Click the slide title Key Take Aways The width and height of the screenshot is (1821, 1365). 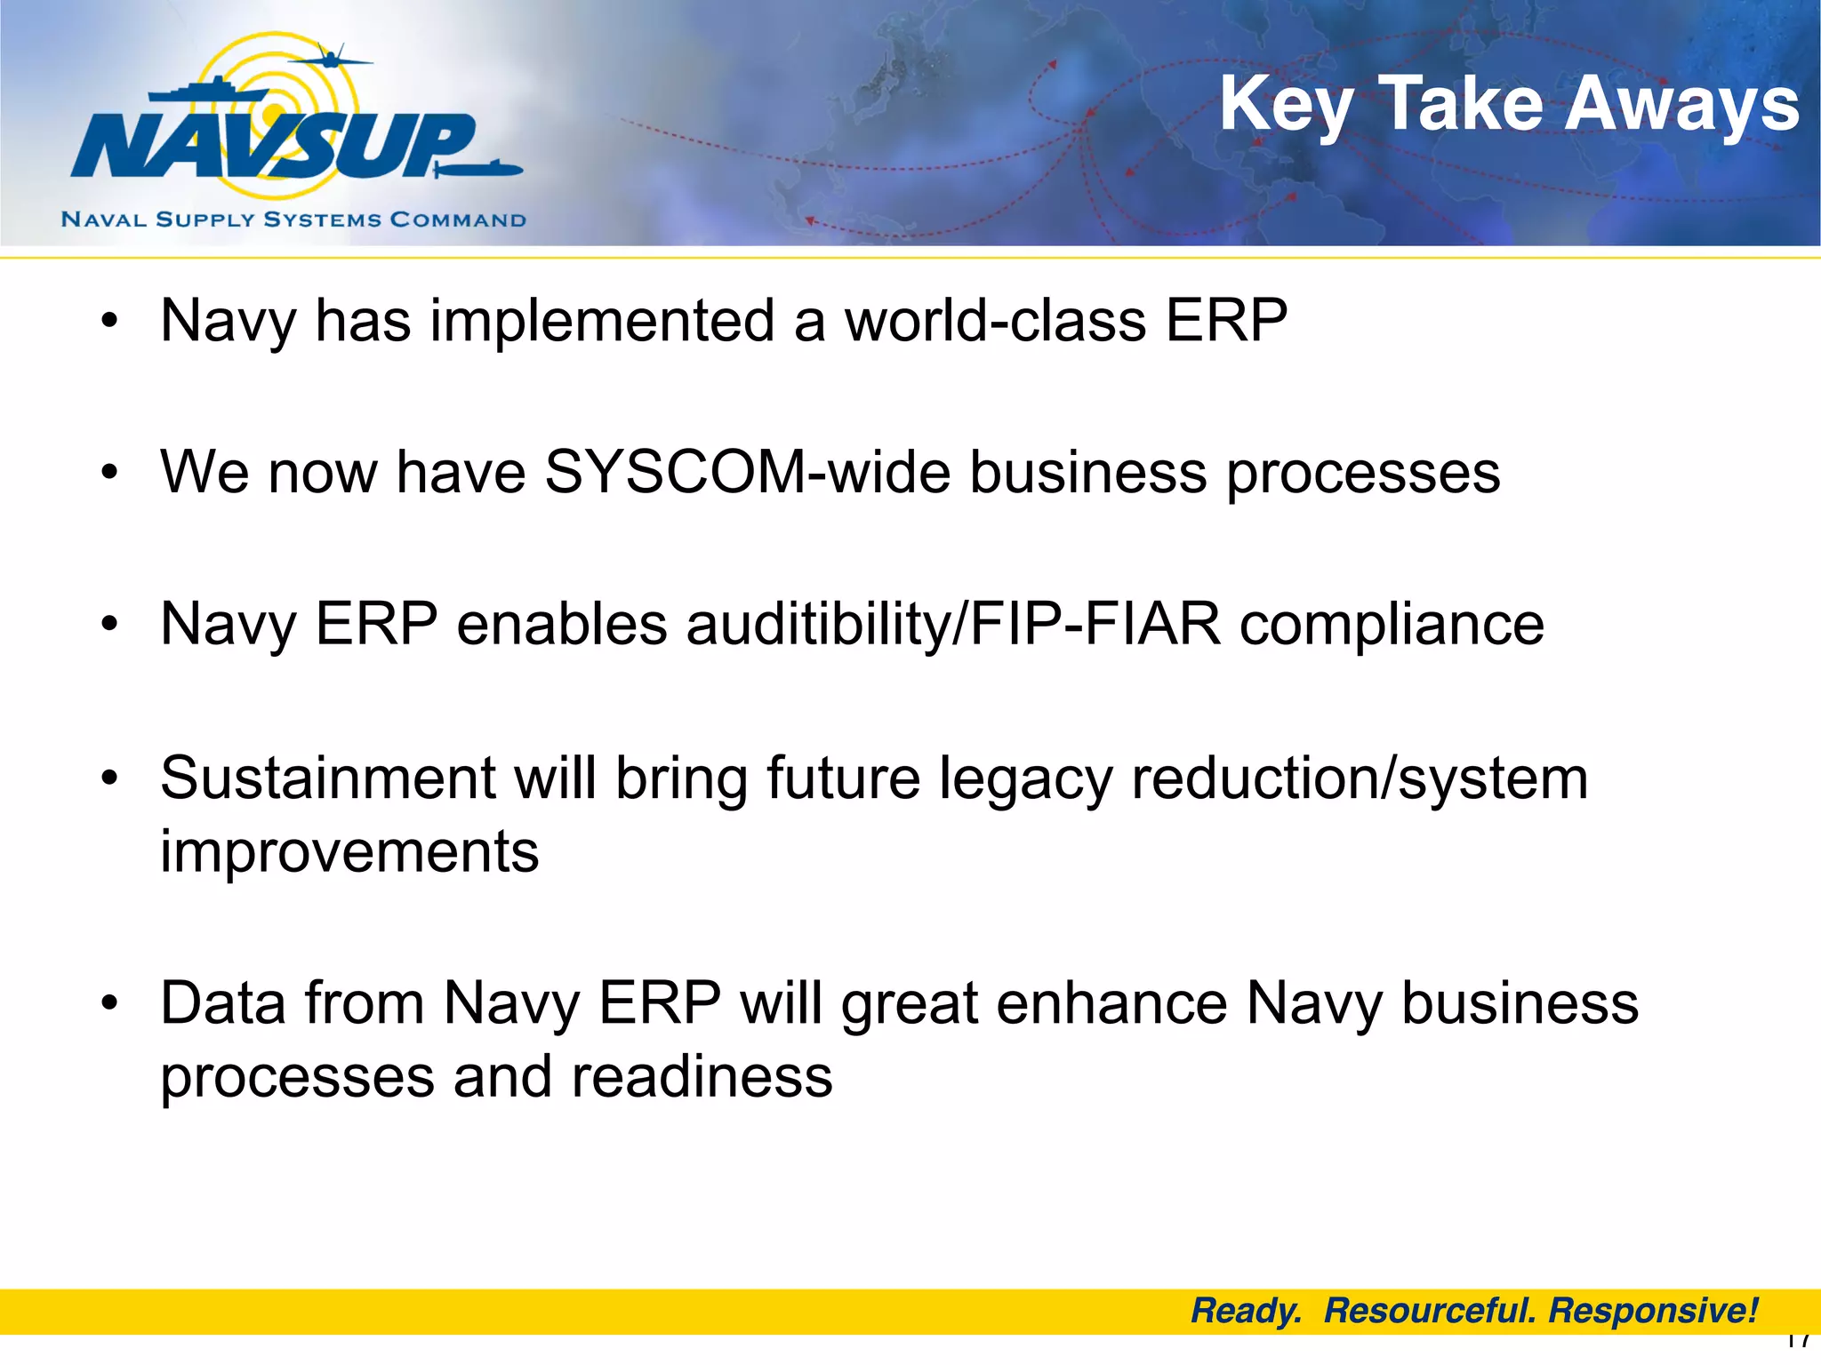1509,105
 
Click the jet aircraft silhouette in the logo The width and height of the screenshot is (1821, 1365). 329,60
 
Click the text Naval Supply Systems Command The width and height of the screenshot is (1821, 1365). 293,220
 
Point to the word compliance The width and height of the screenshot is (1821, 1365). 1392,624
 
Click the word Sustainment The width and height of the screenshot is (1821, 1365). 328,778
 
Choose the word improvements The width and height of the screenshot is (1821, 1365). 349,851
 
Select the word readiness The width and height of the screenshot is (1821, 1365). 702,1077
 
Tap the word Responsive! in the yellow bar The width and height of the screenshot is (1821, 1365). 1653,1311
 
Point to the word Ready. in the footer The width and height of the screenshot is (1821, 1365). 1246,1311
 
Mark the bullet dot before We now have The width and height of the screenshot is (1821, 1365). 109,473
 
